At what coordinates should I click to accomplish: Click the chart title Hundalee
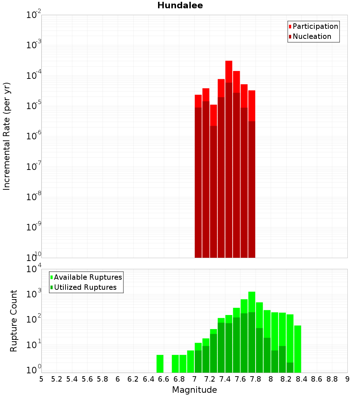(x=180, y=5)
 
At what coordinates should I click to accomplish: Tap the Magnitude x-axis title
(x=194, y=390)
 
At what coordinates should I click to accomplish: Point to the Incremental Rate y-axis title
(x=7, y=136)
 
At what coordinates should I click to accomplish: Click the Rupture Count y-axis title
(x=14, y=320)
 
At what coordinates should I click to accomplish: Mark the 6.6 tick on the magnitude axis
(x=164, y=379)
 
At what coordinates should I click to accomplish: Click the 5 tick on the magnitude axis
(x=41, y=379)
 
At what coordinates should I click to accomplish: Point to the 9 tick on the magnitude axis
(x=347, y=379)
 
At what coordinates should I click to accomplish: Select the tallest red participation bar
(x=229, y=72)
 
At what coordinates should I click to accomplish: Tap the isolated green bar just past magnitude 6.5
(x=160, y=364)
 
